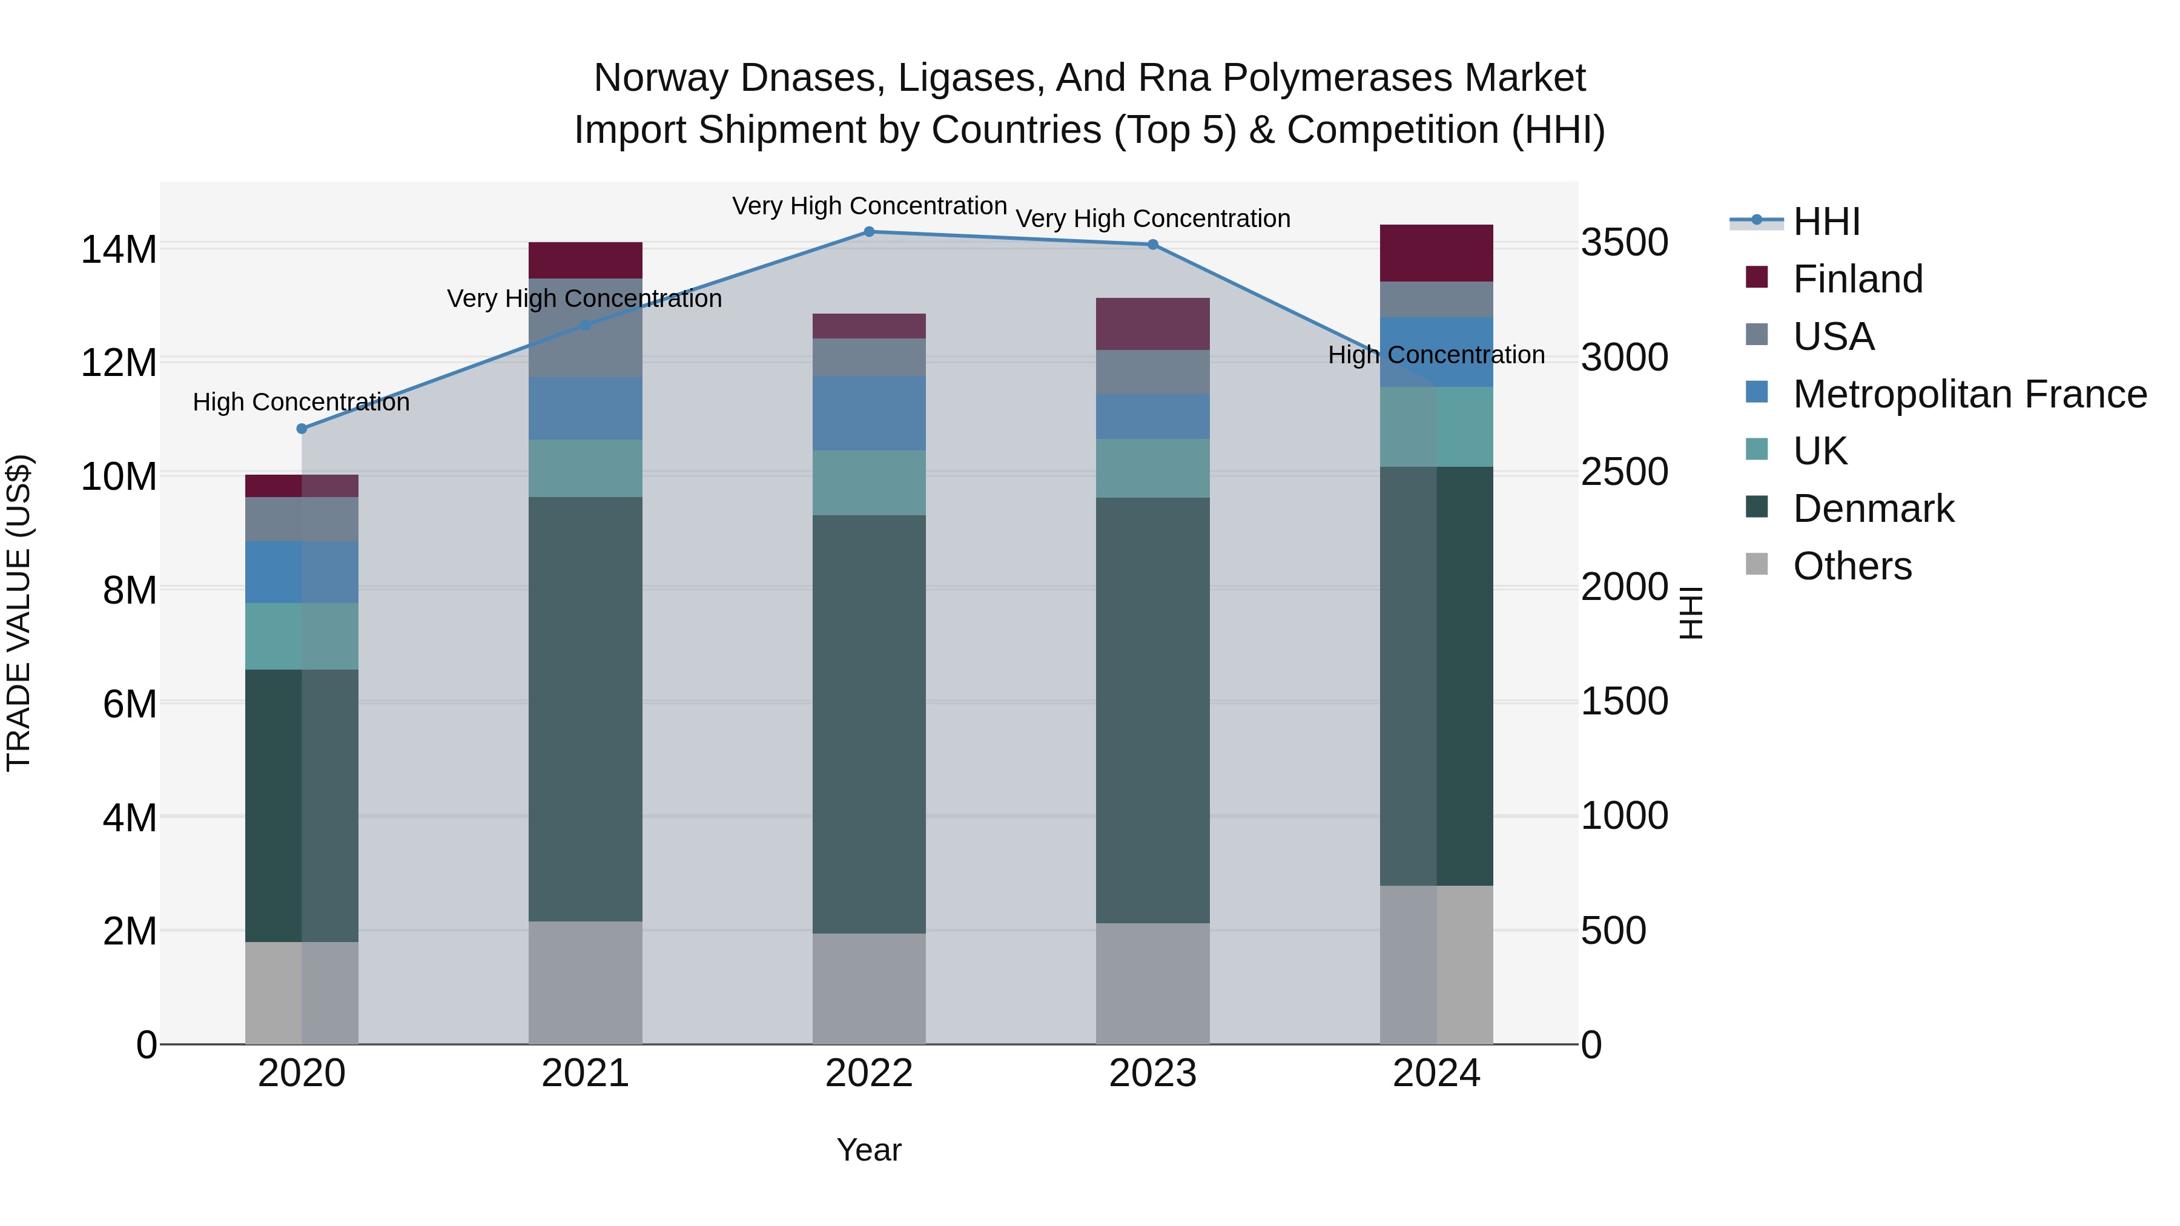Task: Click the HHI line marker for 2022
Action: tap(869, 232)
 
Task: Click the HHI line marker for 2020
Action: tap(302, 429)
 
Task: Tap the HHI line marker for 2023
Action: tap(1152, 245)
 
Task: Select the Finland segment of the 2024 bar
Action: tap(1436, 253)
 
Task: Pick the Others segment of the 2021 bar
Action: tap(586, 983)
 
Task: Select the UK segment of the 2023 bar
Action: tap(1152, 468)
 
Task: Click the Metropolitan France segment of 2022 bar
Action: tap(869, 413)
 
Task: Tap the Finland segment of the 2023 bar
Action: tap(1152, 324)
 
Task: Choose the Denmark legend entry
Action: tap(1873, 509)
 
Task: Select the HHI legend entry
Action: tap(1825, 222)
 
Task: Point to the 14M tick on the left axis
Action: tap(119, 249)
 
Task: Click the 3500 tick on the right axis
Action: tap(1625, 243)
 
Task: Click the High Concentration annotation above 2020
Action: tap(302, 402)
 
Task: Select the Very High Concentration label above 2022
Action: tap(869, 206)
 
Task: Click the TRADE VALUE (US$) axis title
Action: tap(19, 613)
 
